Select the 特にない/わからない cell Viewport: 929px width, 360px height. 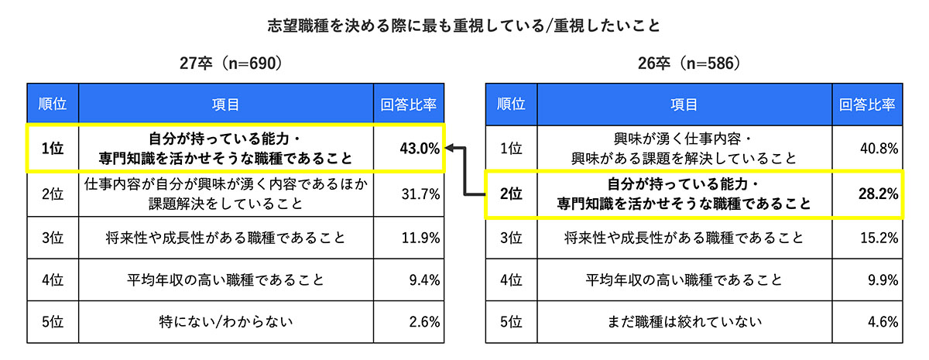coord(225,321)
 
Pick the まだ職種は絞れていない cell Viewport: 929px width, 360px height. coord(683,321)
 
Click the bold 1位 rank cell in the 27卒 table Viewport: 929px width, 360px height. coord(53,149)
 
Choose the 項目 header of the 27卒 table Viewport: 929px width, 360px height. coord(225,104)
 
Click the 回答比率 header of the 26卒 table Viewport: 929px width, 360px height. coord(867,104)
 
